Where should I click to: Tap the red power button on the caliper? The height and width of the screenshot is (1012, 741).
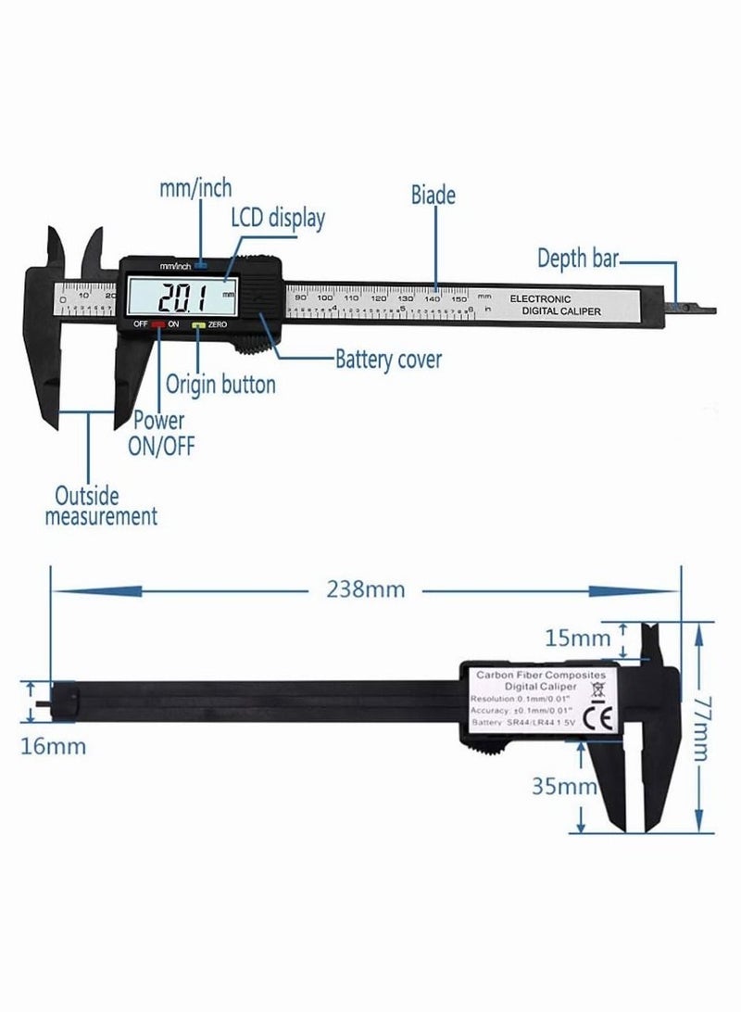pyautogui.click(x=158, y=324)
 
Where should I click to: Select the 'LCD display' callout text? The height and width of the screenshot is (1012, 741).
pyautogui.click(x=278, y=219)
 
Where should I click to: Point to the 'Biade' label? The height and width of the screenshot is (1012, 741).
pyautogui.click(x=433, y=195)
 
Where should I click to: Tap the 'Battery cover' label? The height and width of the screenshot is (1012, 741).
pyautogui.click(x=389, y=359)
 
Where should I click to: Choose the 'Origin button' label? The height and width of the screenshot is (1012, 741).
pyautogui.click(x=220, y=383)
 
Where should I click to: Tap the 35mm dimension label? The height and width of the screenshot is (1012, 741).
pyautogui.click(x=564, y=788)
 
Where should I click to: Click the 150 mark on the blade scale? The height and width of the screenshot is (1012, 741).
pyautogui.click(x=458, y=299)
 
